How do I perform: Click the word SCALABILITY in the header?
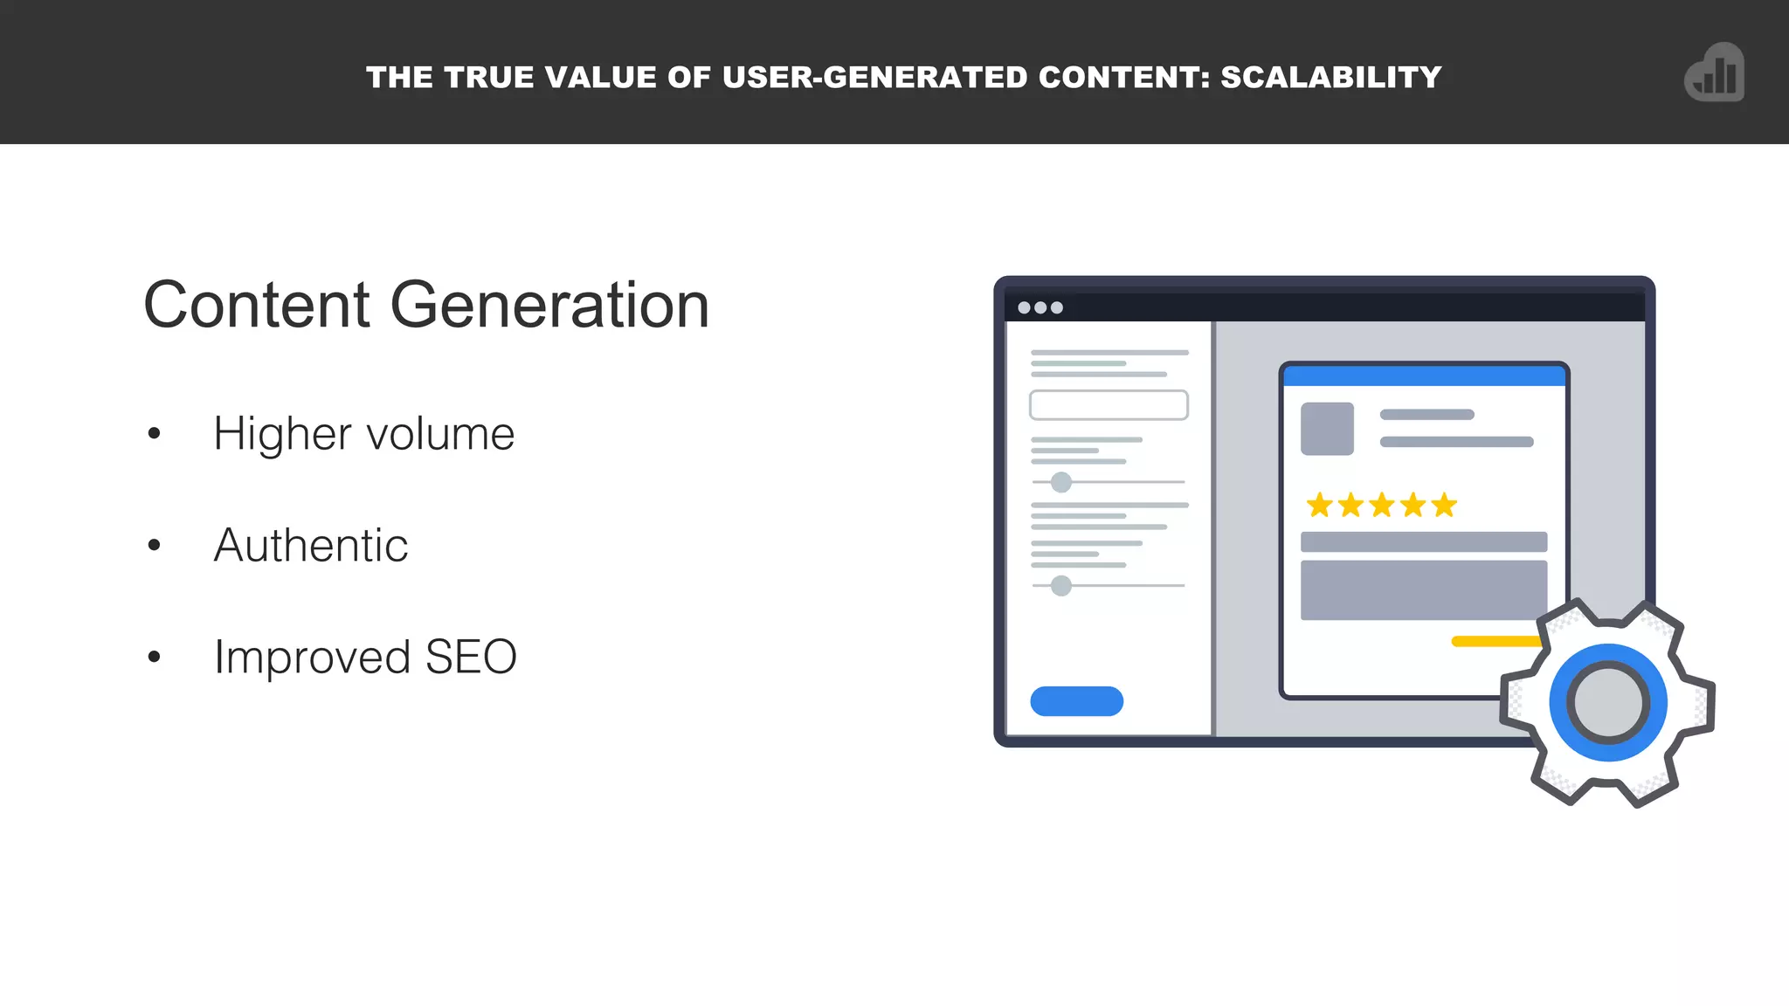(x=1330, y=78)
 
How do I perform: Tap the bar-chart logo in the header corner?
(x=1715, y=73)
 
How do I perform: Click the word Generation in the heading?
(x=549, y=305)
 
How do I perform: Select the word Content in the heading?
(x=257, y=305)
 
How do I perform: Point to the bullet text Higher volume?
(x=363, y=434)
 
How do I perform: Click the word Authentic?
(x=311, y=546)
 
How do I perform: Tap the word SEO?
(x=471, y=657)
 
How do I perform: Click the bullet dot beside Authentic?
(x=155, y=546)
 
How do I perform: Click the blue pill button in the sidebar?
(x=1076, y=701)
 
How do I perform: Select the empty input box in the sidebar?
(x=1109, y=405)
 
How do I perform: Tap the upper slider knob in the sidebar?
(x=1061, y=482)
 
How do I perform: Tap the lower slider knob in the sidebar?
(x=1061, y=585)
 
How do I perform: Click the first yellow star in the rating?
(x=1319, y=505)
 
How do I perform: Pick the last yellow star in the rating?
(x=1444, y=505)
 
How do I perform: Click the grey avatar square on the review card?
(x=1327, y=429)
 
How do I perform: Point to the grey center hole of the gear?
(x=1608, y=703)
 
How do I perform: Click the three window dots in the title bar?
(x=1040, y=307)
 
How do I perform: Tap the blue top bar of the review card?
(x=1424, y=376)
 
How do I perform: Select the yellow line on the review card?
(x=1495, y=642)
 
